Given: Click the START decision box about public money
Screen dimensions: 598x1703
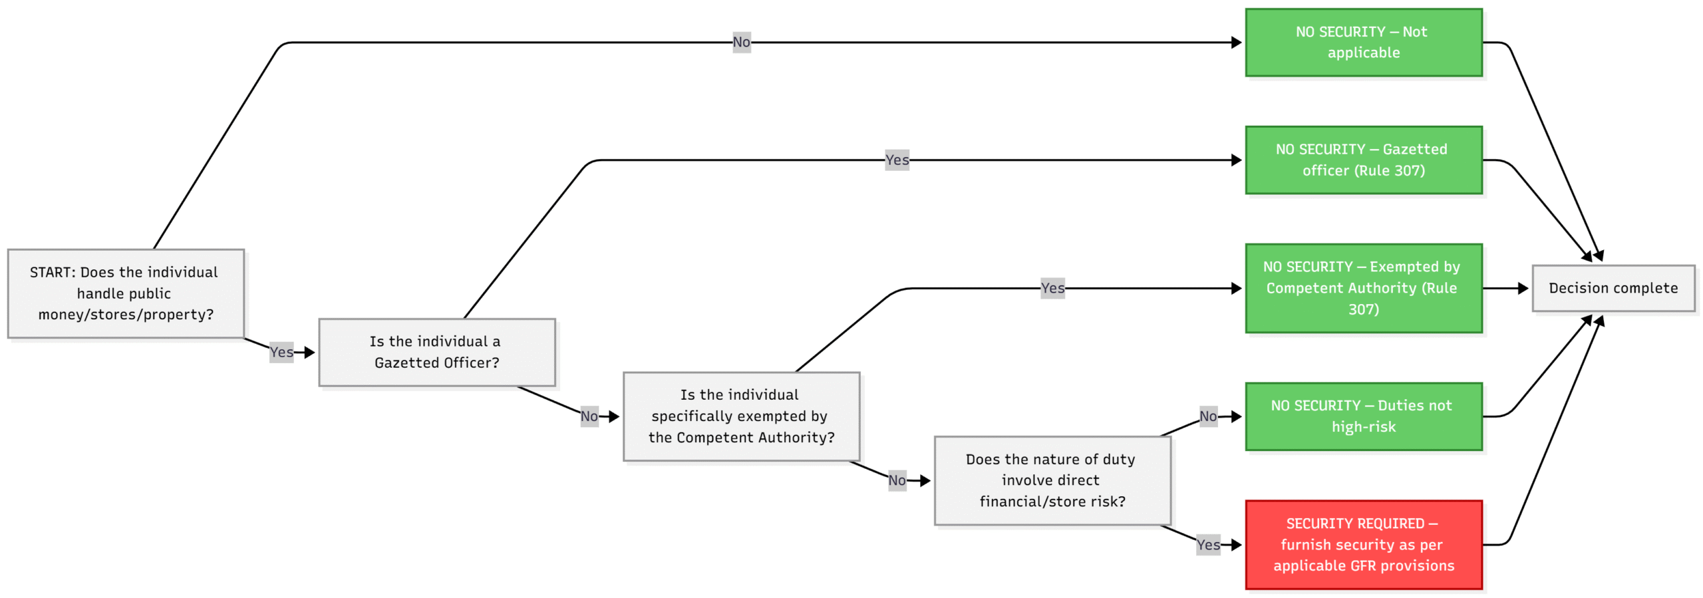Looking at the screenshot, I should click(126, 293).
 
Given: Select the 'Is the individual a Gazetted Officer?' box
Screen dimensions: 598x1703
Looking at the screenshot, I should click(436, 352).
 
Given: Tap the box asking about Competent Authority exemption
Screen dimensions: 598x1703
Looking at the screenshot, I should click(740, 416).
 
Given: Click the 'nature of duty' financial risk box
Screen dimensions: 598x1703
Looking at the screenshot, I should click(1052, 480).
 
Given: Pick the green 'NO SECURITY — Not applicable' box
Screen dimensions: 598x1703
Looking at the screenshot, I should click(1363, 42).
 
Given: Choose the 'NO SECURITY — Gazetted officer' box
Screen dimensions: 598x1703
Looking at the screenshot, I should click(1363, 160).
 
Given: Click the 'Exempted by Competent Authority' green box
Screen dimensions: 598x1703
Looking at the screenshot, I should click(1363, 287).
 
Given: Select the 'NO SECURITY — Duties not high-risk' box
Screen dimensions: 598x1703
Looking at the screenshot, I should click(1363, 416).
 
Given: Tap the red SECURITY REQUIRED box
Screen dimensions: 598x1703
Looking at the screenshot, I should click(1363, 544).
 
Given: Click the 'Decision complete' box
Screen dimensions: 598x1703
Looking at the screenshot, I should click(1613, 288).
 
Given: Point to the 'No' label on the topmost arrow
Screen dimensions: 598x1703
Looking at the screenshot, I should click(741, 42).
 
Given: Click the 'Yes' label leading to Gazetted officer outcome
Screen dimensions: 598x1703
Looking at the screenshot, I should click(896, 160).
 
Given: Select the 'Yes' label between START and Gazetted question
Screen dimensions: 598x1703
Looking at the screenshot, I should click(281, 352).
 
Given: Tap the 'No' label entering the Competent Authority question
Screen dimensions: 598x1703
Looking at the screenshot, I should click(589, 416).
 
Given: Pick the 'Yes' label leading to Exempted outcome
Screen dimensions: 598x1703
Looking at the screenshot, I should click(1052, 288).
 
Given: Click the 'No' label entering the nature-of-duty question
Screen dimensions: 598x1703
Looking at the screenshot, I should click(896, 480).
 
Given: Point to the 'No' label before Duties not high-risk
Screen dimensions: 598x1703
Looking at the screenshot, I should click(1207, 416).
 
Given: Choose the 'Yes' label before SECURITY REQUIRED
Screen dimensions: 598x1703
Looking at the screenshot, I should click(1207, 545).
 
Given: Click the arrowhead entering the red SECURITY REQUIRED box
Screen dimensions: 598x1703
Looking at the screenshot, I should click(1236, 545).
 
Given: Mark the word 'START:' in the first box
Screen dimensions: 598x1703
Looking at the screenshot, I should click(53, 272).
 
